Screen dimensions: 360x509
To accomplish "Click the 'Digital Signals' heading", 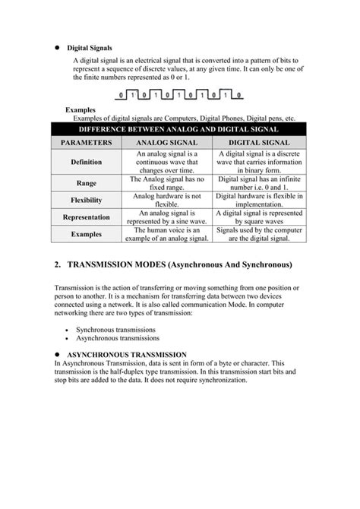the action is pyautogui.click(x=90, y=47).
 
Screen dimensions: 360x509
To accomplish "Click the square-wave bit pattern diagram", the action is pyautogui.click(x=180, y=96).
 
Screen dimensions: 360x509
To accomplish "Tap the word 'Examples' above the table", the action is pyautogui.click(x=81, y=110).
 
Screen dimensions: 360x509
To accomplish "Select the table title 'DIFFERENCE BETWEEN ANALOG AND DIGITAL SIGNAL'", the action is pyautogui.click(x=179, y=129).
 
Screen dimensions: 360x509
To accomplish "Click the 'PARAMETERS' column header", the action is pyautogui.click(x=87, y=142).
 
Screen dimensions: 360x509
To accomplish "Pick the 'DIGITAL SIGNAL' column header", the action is pyautogui.click(x=258, y=142).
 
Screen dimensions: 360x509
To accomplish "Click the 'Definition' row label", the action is pyautogui.click(x=87, y=162).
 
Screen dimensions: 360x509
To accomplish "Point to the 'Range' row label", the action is pyautogui.click(x=87, y=183).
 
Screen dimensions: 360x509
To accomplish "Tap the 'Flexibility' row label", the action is pyautogui.click(x=87, y=201).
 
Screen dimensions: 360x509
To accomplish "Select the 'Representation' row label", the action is pyautogui.click(x=87, y=217).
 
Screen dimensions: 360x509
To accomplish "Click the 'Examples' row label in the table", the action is pyautogui.click(x=87, y=235).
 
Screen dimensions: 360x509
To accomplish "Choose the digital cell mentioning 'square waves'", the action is pyautogui.click(x=258, y=217).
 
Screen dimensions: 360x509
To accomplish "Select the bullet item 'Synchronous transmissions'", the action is pyautogui.click(x=115, y=330).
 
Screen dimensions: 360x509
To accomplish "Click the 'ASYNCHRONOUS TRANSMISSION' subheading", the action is pyautogui.click(x=127, y=355).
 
